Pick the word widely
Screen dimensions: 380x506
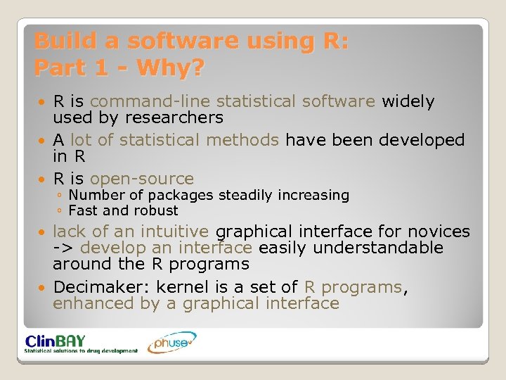click(x=408, y=101)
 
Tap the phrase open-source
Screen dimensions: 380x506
click(x=142, y=179)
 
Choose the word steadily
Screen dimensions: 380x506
click(x=249, y=195)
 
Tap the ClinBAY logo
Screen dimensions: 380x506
click(x=81, y=343)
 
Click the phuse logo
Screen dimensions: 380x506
click(x=171, y=343)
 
